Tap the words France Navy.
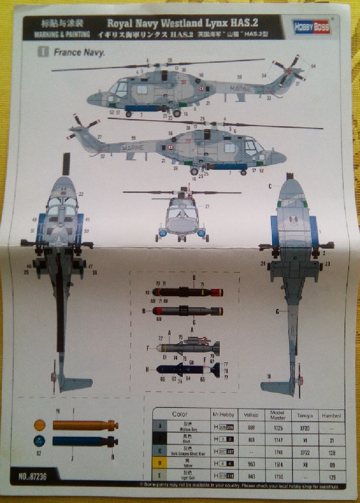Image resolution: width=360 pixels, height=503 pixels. pos(79,53)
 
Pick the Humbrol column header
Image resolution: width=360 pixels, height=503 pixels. pos(331,415)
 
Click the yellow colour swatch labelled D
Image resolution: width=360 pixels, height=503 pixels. pos(160,464)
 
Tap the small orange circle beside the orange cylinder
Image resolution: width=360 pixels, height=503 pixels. pos(39,425)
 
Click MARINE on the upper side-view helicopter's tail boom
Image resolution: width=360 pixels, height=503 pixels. pos(240,89)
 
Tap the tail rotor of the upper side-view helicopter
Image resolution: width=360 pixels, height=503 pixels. pos(289,72)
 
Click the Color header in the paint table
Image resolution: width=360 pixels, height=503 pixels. pos(180,415)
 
